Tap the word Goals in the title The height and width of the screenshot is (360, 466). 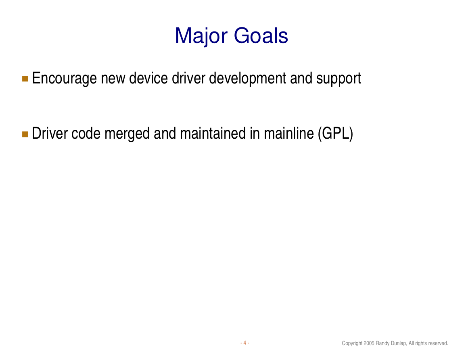[261, 35]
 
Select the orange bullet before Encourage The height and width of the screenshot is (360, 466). [25, 79]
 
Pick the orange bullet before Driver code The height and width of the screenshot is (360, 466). [25, 134]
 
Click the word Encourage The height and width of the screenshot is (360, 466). [64, 79]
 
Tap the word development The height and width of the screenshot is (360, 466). [248, 79]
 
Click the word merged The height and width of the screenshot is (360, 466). [127, 134]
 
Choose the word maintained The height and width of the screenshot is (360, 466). [213, 133]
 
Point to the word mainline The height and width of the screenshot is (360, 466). [288, 133]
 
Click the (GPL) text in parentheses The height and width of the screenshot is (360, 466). [335, 134]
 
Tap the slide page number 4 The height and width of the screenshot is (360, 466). [244, 343]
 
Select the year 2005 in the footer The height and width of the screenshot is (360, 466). [369, 343]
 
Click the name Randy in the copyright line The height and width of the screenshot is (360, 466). [382, 343]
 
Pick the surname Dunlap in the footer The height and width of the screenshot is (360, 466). [399, 343]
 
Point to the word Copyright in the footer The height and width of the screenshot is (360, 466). [352, 343]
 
